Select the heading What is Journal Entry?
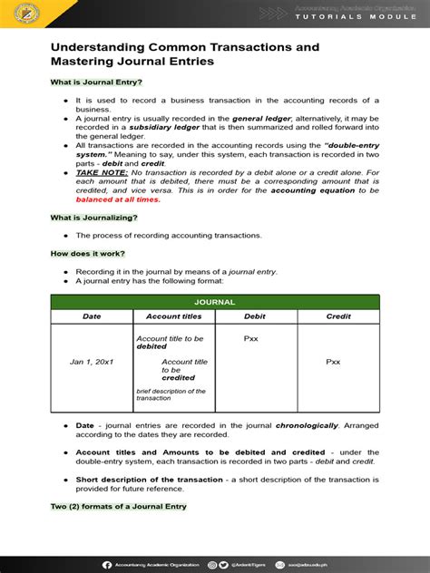[96, 83]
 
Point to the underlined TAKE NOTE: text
[102, 171]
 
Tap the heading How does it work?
[87, 253]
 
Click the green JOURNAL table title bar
[214, 302]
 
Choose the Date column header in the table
[92, 316]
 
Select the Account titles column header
[173, 316]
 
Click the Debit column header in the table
[255, 316]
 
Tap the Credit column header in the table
[337, 316]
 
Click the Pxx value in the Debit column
[252, 338]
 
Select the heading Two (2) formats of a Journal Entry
[118, 506]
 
